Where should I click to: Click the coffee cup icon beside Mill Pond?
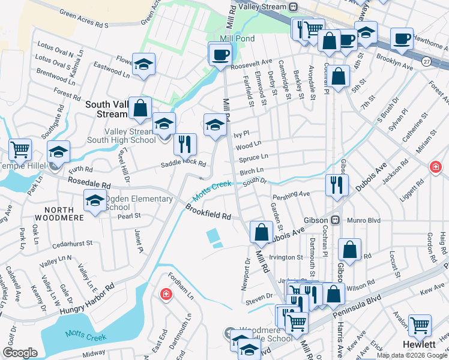coord(220,55)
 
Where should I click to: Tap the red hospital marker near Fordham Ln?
coord(165,295)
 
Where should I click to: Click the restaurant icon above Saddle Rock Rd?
coord(185,144)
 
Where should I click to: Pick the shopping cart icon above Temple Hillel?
coord(20,149)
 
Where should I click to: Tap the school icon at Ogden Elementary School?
coord(95,201)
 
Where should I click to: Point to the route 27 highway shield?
coord(426,61)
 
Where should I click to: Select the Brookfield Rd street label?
coord(208,211)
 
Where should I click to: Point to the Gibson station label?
coord(318,220)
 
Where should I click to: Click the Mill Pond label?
coord(237,38)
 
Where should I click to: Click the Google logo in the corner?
coord(20,353)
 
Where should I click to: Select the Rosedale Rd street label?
coord(90,185)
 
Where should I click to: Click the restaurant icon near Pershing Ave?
coord(337,185)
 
